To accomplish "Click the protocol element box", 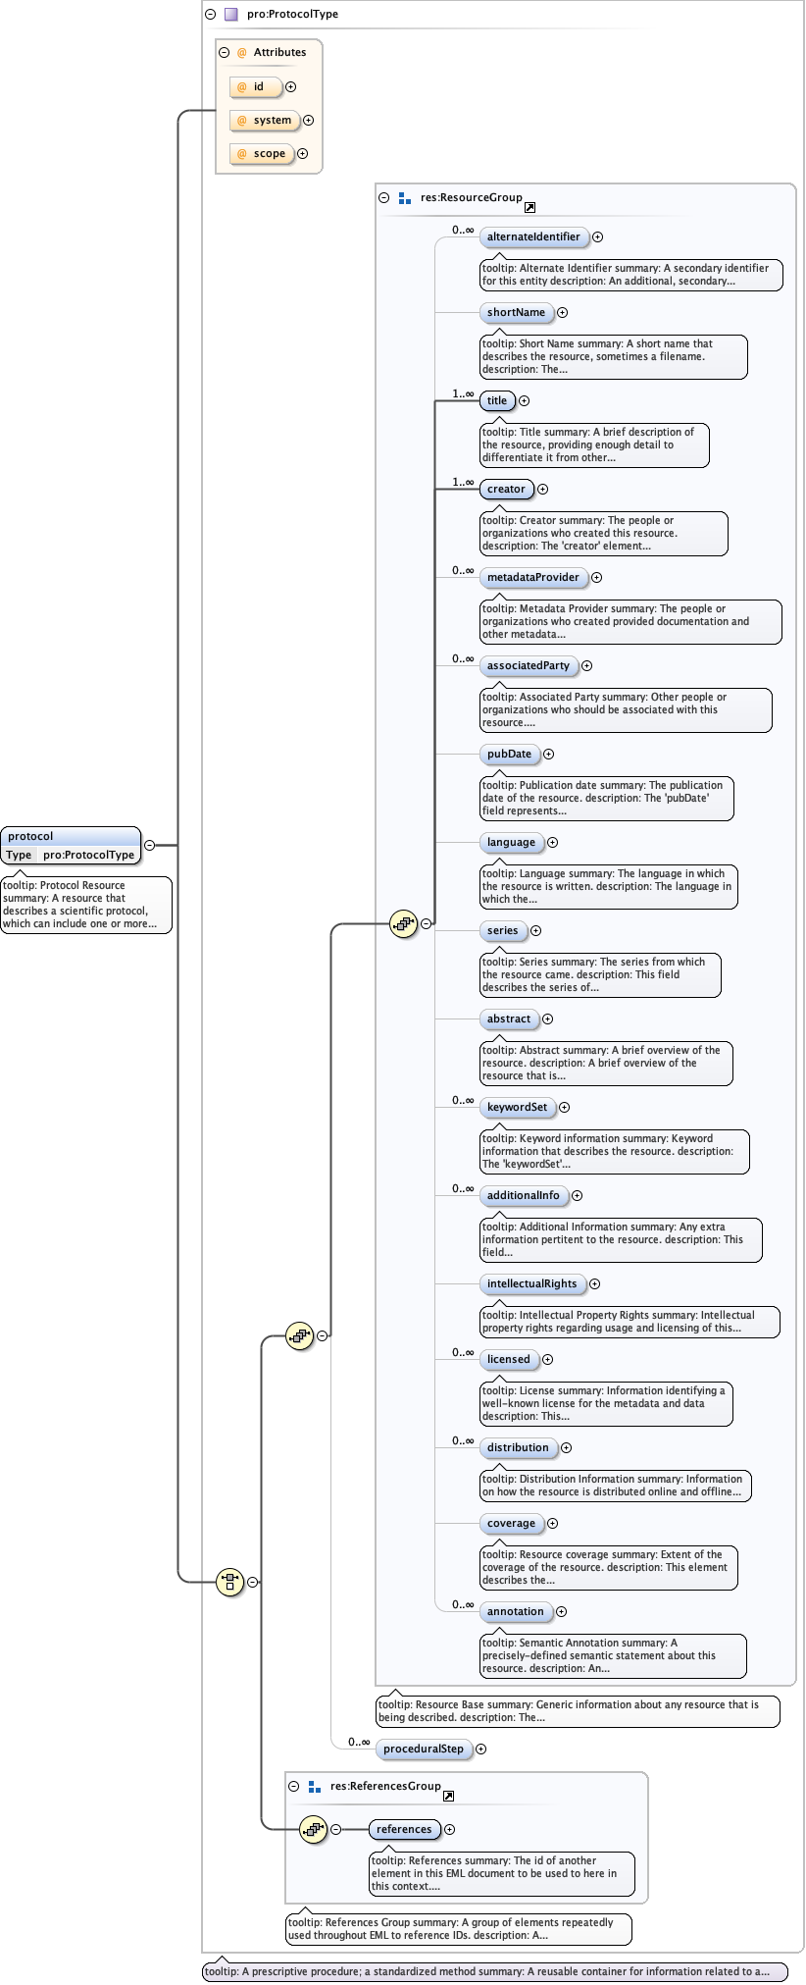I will pos(70,837).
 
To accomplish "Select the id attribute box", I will pos(256,87).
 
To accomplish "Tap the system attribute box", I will pos(265,121).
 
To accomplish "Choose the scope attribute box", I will pos(262,154).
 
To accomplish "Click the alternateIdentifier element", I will pos(533,237).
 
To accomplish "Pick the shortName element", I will pos(516,313).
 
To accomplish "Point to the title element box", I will pos(497,401).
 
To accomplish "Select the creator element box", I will pos(506,490).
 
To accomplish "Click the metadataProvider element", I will pos(533,578).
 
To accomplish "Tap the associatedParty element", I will pos(529,666).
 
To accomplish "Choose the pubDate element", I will pos(509,755).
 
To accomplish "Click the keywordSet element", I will pos(517,1108).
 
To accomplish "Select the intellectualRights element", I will pos(532,1284).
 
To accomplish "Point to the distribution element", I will pos(518,1448).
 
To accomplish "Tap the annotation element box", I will pos(515,1612).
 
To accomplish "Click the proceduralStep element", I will pos(424,1750).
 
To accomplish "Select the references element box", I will pos(404,1830).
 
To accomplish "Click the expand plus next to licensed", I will pos(548,1360).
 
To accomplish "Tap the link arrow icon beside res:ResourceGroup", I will pos(529,208).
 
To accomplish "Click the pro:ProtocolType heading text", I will pos(292,15).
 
